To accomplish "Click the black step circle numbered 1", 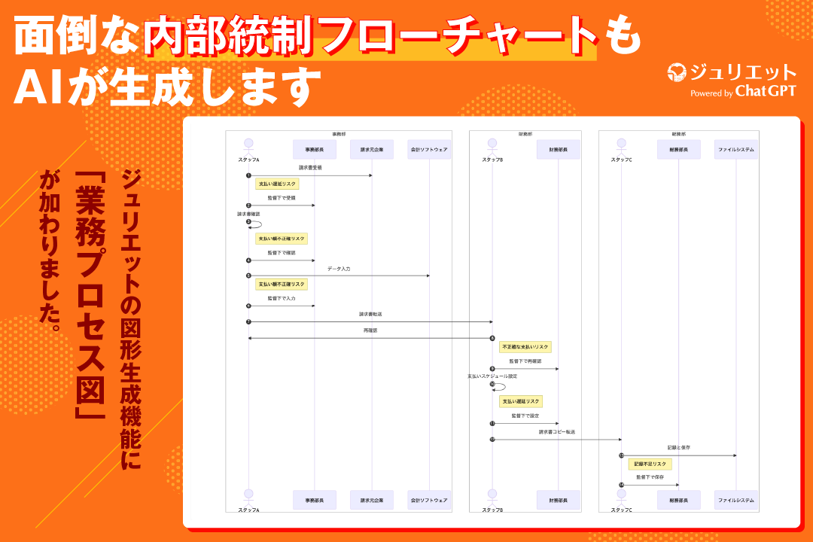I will point(248,175).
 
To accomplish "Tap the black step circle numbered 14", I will point(622,485).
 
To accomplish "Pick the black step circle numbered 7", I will point(248,322).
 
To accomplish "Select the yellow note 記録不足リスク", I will point(650,464).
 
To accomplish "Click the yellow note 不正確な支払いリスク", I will point(526,347).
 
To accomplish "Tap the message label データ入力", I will point(339,269).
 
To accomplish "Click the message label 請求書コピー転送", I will point(557,432).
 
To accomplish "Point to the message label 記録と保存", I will point(678,448).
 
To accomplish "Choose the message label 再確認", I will point(370,330).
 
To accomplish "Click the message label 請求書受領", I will point(310,168).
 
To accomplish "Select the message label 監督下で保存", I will point(650,477).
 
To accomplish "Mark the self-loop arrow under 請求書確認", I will point(257,223).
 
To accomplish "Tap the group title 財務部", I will point(525,134).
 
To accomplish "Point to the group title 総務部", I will point(678,134).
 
